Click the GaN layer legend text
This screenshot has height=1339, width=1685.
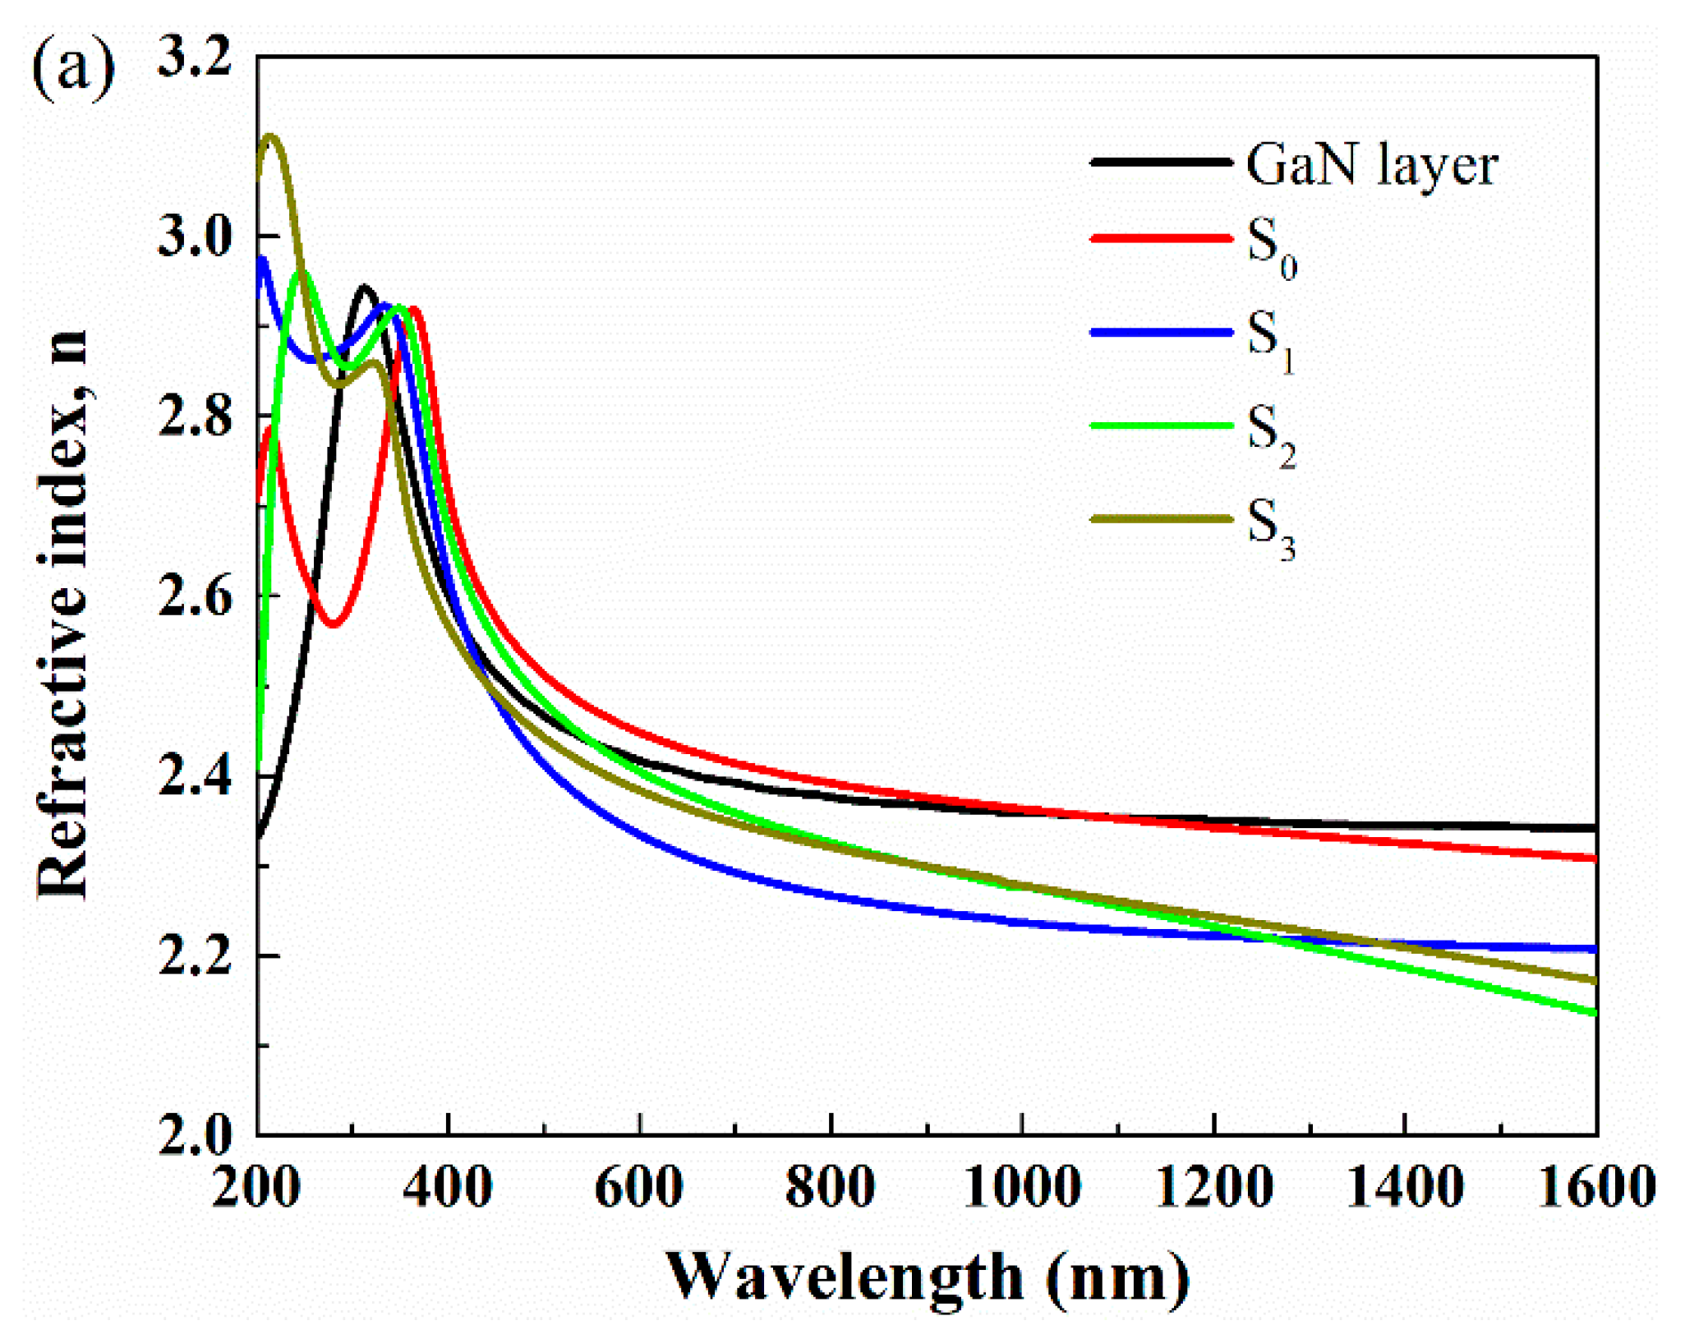pyautogui.click(x=1371, y=165)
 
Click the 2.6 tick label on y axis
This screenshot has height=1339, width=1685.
pyautogui.click(x=195, y=597)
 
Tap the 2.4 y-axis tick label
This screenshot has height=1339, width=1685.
pyautogui.click(x=195, y=777)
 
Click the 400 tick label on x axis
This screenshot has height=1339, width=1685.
pyautogui.click(x=448, y=1187)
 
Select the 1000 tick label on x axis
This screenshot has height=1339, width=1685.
pyautogui.click(x=1021, y=1187)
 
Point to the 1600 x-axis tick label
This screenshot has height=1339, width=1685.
pyautogui.click(x=1595, y=1187)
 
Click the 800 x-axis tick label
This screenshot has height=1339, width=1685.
pyautogui.click(x=830, y=1187)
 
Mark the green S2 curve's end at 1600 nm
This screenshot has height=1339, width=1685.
pyautogui.click(x=1594, y=1013)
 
